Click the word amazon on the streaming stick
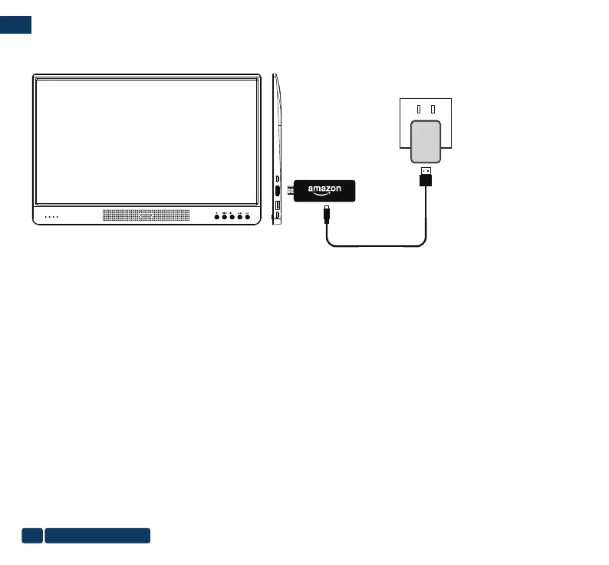[x=324, y=188]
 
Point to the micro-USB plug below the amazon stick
[x=328, y=212]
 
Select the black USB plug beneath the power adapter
[x=426, y=180]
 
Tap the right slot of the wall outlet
[x=433, y=109]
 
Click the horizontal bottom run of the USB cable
[x=376, y=246]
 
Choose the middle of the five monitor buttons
[x=232, y=217]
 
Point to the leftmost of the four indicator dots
[x=45, y=217]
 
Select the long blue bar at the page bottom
[x=97, y=535]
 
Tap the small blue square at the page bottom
[x=31, y=535]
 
